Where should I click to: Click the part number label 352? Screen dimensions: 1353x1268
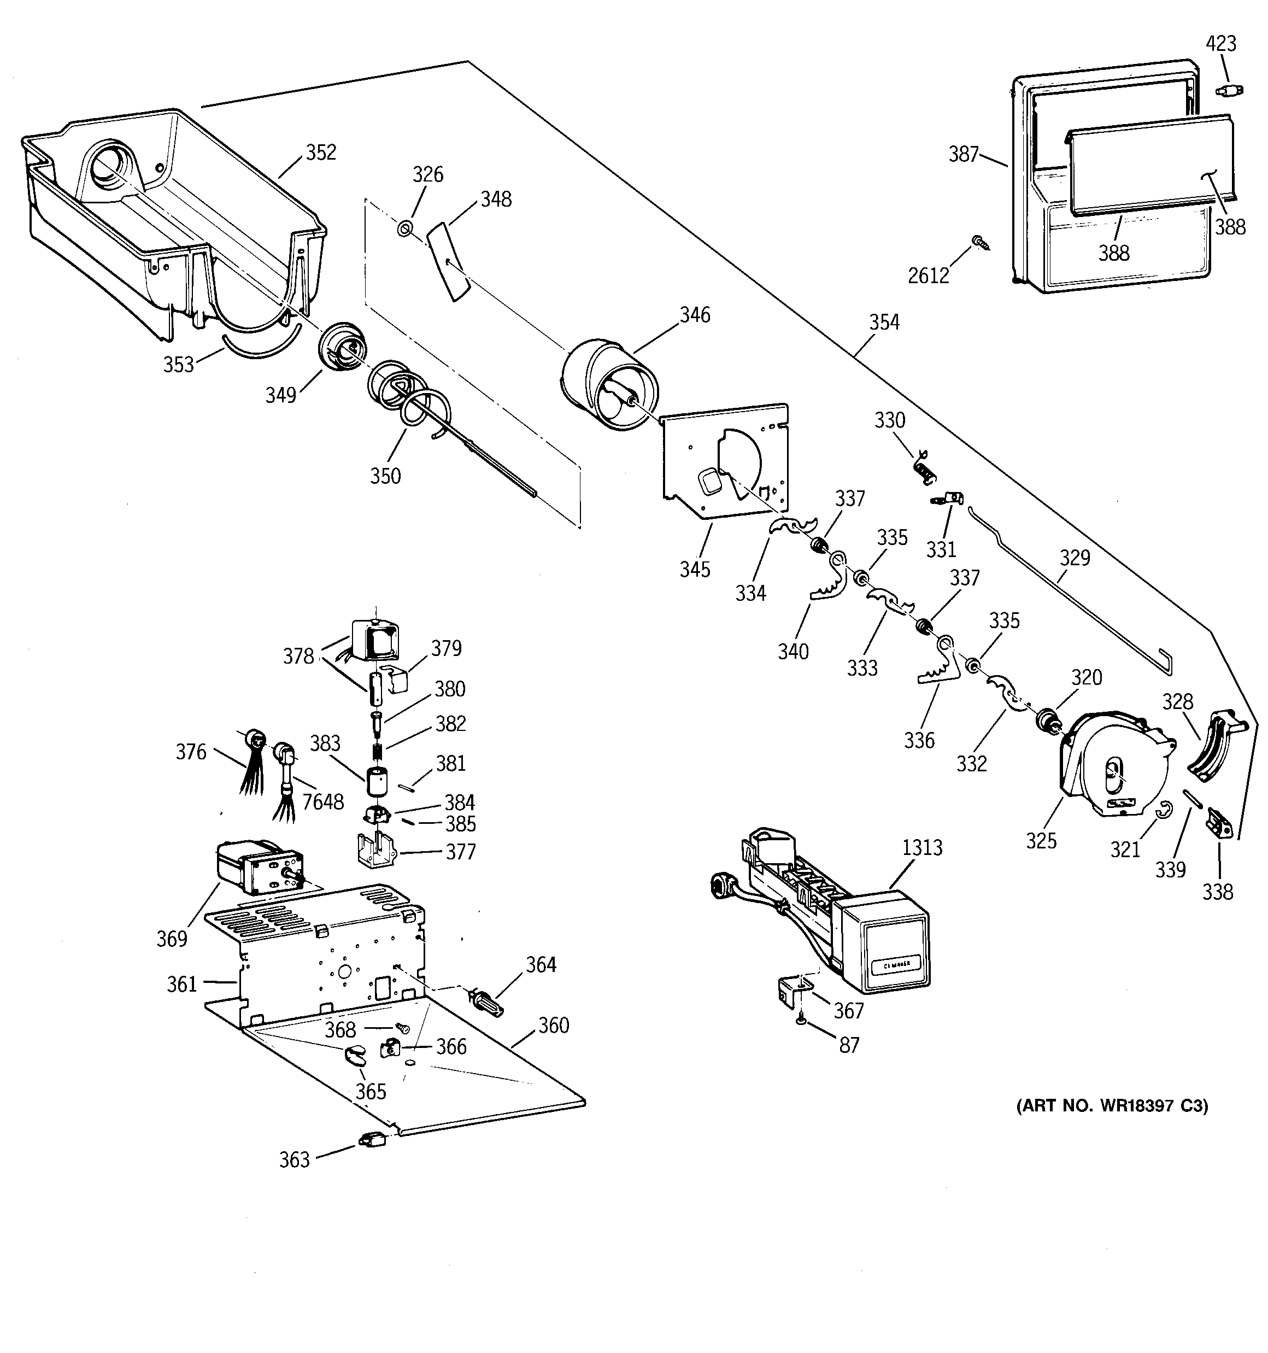(321, 153)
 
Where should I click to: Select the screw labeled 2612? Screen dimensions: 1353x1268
(980, 242)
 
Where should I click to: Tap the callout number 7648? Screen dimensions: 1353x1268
(322, 803)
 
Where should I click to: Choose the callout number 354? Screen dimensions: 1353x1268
(883, 323)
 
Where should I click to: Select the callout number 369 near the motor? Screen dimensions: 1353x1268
(172, 939)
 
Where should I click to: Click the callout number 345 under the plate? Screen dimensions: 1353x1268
(694, 570)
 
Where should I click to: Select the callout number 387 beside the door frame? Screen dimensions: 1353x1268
(963, 155)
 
